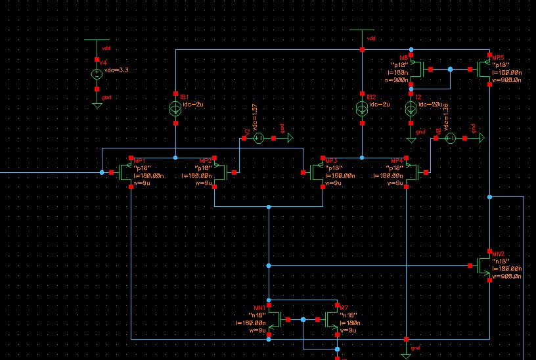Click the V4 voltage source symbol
(x=97, y=74)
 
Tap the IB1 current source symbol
(x=176, y=108)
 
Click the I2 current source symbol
(x=412, y=108)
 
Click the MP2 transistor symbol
(x=221, y=173)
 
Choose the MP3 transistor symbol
(x=318, y=173)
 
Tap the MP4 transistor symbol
(x=411, y=173)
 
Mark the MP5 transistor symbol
(x=485, y=69)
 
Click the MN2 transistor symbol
(x=485, y=265)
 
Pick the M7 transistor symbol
(x=331, y=320)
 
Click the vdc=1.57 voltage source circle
(x=258, y=138)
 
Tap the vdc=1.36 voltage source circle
(x=451, y=138)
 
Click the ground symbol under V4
(x=97, y=104)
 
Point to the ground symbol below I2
(x=412, y=139)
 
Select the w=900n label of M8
(x=400, y=80)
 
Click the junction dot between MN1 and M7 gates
(x=303, y=320)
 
